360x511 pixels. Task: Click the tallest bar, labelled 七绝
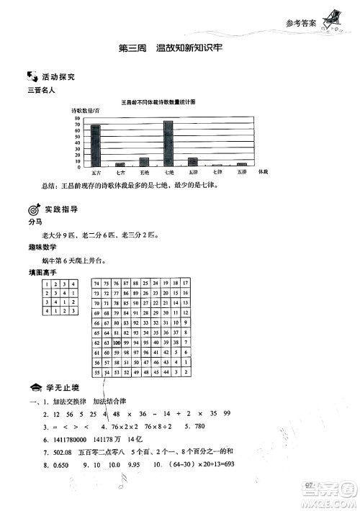168,143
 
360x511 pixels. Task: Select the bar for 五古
95,145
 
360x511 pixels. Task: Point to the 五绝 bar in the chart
144,162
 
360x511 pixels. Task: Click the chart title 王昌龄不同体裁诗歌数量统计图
168,104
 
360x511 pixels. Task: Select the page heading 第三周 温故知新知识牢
168,49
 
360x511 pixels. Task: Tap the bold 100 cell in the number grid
116,343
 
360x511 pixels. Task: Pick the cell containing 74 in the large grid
97,283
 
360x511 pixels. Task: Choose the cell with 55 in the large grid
97,373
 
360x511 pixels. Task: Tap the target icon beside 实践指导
32,209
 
